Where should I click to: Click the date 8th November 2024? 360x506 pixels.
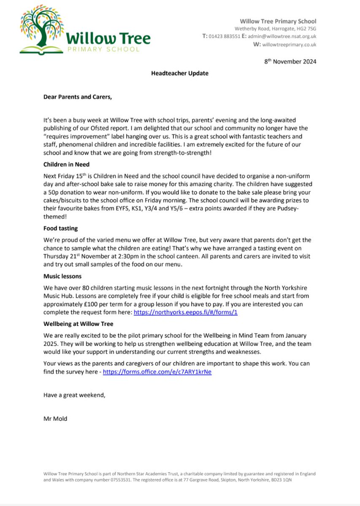(x=290, y=62)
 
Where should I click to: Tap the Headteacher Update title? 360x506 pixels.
(x=180, y=73)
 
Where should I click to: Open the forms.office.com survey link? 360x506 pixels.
(x=157, y=373)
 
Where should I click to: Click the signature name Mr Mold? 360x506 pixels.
(x=55, y=419)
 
